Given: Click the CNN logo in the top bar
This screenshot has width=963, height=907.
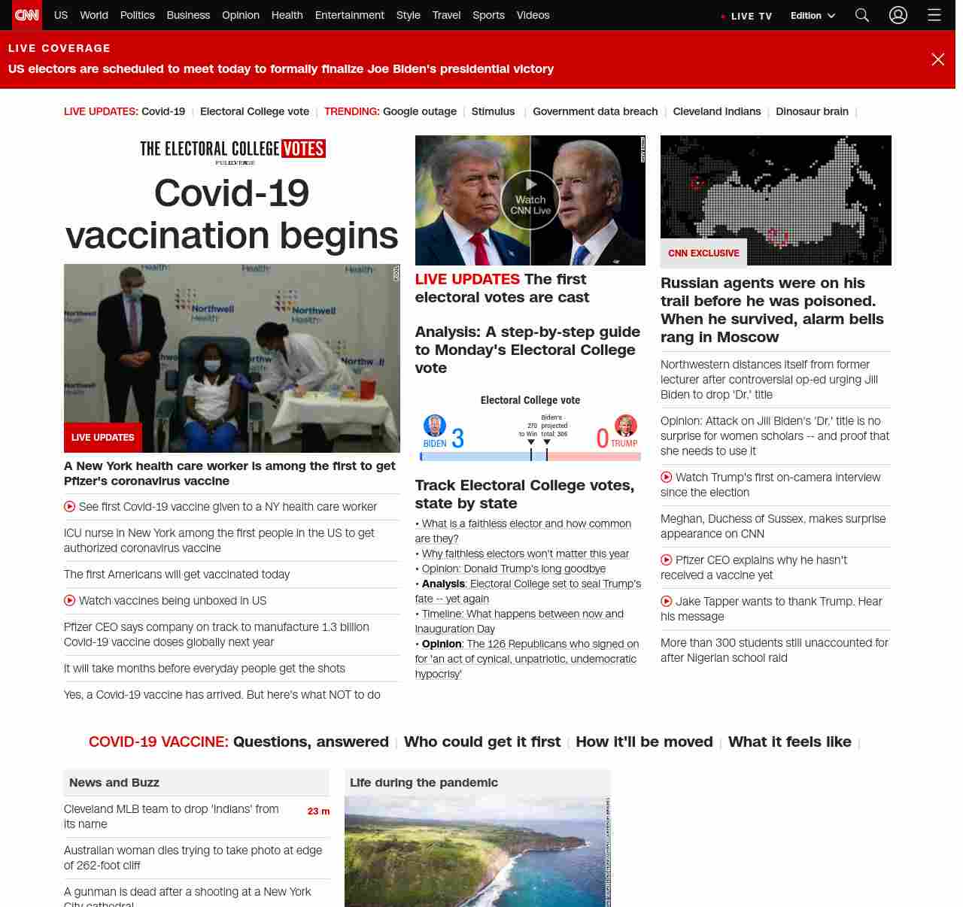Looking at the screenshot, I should pyautogui.click(x=27, y=15).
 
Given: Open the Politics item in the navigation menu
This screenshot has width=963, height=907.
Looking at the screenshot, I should pyautogui.click(x=138, y=15).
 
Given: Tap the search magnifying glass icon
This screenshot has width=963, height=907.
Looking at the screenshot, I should pyautogui.click(x=862, y=15).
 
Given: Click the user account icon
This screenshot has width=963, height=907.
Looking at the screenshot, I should pyautogui.click(x=898, y=15).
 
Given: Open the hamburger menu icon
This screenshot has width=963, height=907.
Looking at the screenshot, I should pyautogui.click(x=934, y=15).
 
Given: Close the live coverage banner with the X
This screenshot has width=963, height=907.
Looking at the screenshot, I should pyautogui.click(x=938, y=59).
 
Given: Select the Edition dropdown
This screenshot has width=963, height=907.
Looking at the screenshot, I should pyautogui.click(x=813, y=16).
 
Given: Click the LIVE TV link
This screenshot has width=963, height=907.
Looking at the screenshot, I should pyautogui.click(x=747, y=16).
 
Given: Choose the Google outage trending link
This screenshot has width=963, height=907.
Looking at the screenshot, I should pyautogui.click(x=420, y=111).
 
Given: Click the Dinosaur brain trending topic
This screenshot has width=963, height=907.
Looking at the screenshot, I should pyautogui.click(x=812, y=111).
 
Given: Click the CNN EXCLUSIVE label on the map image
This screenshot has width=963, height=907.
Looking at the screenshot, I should pyautogui.click(x=703, y=253).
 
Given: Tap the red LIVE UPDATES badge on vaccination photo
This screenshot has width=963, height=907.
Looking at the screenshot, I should pyautogui.click(x=103, y=438).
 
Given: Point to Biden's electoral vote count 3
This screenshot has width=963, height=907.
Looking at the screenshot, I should pyautogui.click(x=457, y=438).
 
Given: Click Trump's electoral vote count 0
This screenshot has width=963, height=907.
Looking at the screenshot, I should pyautogui.click(x=602, y=438).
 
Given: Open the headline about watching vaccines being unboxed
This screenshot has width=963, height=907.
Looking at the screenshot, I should pyautogui.click(x=172, y=601).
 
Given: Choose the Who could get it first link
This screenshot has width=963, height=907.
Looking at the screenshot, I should pyautogui.click(x=482, y=742).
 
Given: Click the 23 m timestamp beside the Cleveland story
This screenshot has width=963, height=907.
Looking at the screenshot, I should pyautogui.click(x=318, y=811).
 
